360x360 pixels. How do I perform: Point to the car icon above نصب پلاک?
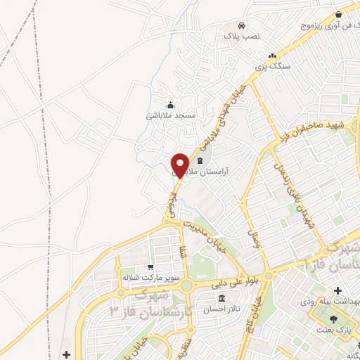241,23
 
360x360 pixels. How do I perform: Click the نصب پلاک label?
242,34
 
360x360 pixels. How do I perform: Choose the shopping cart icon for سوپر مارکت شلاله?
150,267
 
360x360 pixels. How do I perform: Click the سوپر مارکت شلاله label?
148,278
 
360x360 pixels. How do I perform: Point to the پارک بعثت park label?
338,329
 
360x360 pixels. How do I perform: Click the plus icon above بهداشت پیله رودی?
337,290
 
